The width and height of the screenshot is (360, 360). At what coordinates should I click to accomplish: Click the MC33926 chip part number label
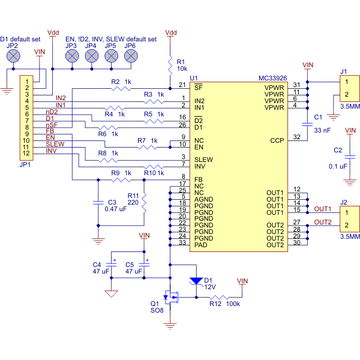click(x=273, y=79)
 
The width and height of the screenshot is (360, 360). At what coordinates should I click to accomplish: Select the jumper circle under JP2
click(x=13, y=56)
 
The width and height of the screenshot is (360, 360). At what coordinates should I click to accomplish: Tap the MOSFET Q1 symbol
click(x=173, y=296)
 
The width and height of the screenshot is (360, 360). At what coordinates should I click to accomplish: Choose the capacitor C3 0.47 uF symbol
click(x=98, y=203)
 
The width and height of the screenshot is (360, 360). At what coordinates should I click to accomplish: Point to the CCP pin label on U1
click(x=277, y=140)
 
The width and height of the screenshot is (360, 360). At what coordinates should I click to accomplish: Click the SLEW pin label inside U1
click(x=203, y=159)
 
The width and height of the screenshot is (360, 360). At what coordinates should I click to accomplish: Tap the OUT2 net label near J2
click(x=322, y=222)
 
